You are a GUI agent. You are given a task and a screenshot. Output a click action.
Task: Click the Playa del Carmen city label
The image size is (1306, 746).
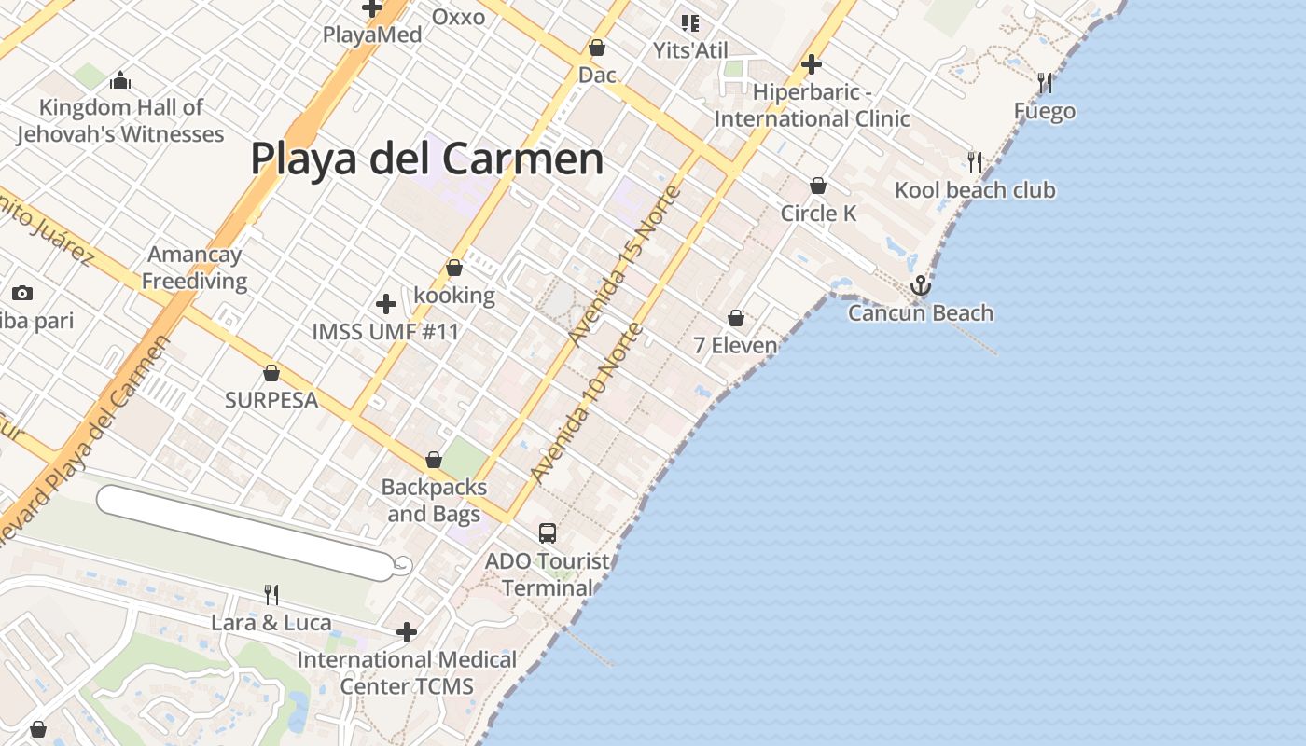427,159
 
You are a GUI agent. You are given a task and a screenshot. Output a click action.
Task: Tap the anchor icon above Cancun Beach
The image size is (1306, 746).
921,285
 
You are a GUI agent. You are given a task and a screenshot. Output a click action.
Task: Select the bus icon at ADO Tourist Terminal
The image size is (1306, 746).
548,533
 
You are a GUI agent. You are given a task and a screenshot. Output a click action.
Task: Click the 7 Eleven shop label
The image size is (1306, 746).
735,346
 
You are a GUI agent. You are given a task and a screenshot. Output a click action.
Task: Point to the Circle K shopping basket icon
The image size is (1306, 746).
818,186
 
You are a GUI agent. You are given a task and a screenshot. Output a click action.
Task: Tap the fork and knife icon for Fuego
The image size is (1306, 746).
1045,83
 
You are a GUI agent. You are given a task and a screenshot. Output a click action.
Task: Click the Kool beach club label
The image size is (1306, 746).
975,190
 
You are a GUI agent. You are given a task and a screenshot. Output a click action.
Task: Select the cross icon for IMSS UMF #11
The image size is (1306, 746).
385,304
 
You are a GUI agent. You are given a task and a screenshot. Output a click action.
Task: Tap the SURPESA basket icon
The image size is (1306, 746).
271,374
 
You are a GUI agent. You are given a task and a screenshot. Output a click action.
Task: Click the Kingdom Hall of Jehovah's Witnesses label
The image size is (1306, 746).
120,121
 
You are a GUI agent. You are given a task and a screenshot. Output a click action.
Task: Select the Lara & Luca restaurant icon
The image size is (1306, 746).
271,594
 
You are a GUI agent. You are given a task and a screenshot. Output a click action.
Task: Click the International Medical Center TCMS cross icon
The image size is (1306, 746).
406,632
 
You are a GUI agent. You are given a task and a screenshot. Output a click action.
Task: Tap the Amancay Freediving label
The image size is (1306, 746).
194,268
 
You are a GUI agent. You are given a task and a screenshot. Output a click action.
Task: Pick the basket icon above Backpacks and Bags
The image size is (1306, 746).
434,460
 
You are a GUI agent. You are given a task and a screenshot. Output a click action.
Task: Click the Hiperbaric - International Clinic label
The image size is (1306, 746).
812,106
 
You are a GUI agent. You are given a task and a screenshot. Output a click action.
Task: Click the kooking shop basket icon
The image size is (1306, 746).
454,269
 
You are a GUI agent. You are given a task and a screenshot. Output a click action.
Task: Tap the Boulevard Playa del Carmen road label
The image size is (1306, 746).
89,438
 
